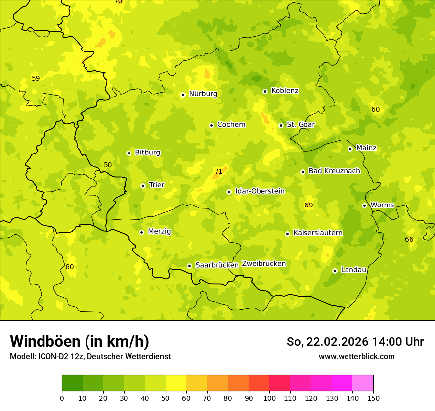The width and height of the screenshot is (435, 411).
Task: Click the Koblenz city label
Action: pos(285,91)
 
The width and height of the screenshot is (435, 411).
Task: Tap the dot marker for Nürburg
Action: pos(183,95)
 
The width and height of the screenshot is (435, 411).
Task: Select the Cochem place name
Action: pos(231,125)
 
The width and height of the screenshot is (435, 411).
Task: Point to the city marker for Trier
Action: pos(143,186)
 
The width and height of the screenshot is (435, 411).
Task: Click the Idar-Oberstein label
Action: pos(260,191)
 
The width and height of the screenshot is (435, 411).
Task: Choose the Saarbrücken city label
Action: pos(217,265)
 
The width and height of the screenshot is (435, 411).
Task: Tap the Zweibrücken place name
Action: pos(263,264)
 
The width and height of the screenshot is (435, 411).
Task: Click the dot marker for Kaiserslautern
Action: pos(287,234)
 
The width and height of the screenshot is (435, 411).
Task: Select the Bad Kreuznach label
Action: pos(334,171)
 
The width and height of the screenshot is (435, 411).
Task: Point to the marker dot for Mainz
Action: pos(350,149)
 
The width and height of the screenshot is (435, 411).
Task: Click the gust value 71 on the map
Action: pos(218,172)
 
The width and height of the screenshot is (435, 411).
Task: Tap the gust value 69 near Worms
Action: pos(309,205)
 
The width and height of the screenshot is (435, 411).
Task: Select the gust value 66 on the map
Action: pos(409,240)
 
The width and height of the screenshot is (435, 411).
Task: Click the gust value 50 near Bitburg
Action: pos(108,165)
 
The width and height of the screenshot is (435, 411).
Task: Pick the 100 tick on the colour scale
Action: pos(269,398)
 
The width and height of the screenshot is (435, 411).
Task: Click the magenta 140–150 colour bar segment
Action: pos(363,383)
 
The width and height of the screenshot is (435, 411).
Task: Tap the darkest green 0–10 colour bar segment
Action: pos(72,383)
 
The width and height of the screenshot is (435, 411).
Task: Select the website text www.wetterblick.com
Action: pos(356,357)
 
